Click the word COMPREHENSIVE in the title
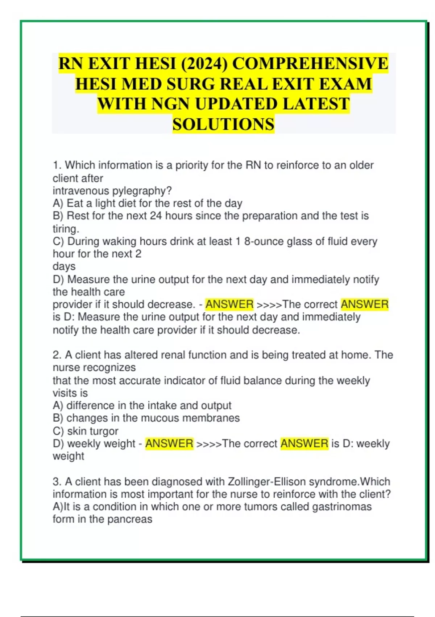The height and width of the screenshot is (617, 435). click(310, 64)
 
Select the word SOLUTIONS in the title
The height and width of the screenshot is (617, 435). click(223, 124)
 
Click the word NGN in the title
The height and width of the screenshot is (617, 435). click(170, 104)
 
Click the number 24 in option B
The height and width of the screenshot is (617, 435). click(156, 216)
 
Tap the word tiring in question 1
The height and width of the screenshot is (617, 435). click(65, 229)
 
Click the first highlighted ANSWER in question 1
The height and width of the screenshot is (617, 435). click(229, 304)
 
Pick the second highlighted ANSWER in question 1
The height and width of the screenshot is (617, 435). click(364, 304)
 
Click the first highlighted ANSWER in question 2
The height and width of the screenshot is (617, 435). click(169, 444)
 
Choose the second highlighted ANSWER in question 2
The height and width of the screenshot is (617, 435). click(304, 444)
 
